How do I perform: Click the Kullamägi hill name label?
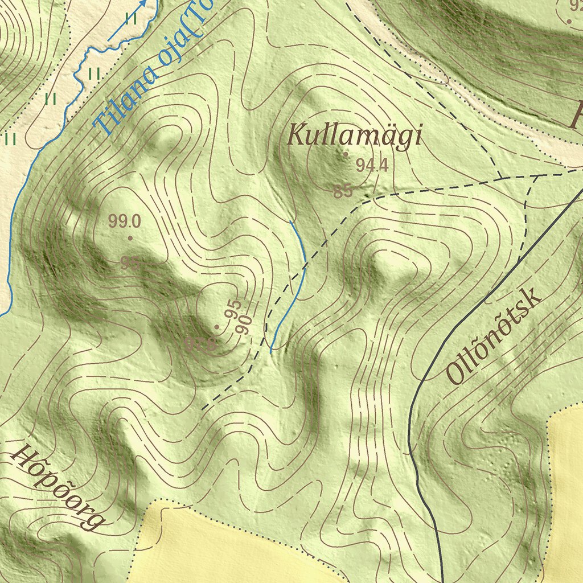pyautogui.click(x=355, y=137)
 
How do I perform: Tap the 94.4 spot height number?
pyautogui.click(x=372, y=166)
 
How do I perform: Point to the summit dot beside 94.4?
pyautogui.click(x=346, y=154)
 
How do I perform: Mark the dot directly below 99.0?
pyautogui.click(x=130, y=238)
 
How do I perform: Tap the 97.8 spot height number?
pyautogui.click(x=200, y=345)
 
